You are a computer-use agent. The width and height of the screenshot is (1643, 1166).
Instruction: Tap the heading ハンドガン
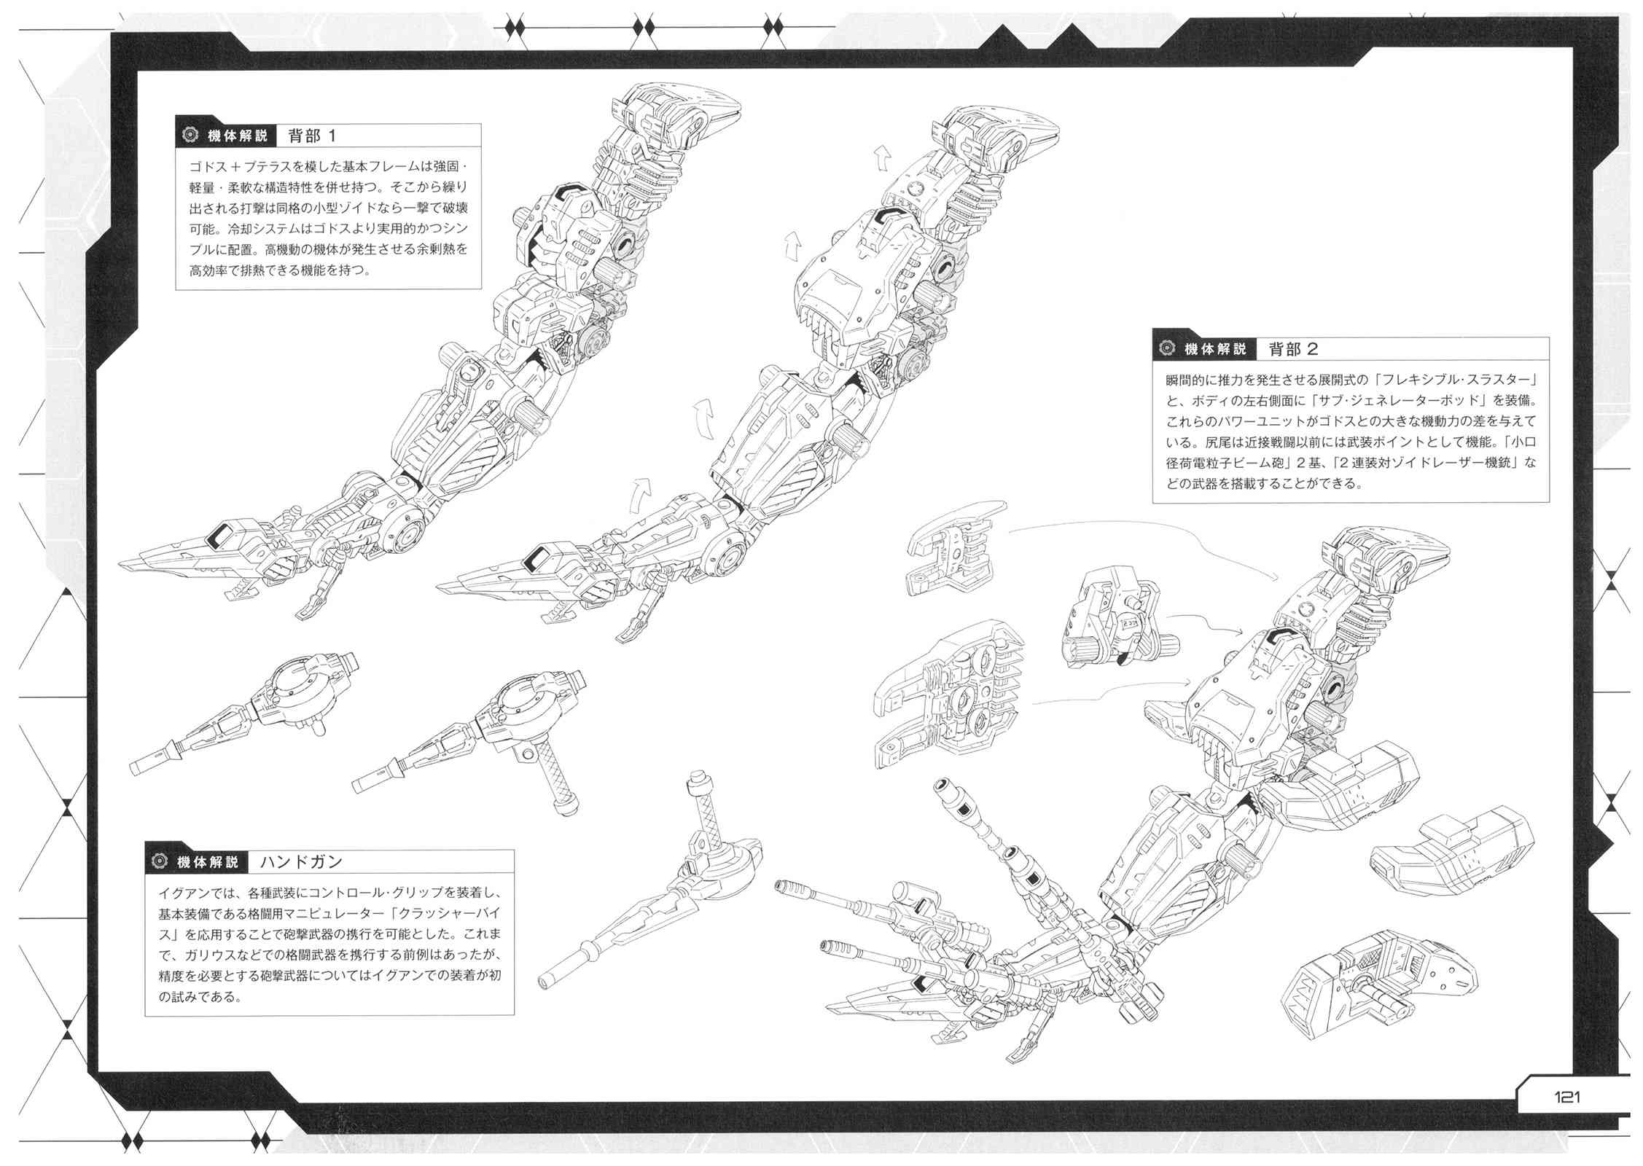pyautogui.click(x=301, y=862)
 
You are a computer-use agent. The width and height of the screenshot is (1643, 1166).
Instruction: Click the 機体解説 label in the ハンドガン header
pyautogui.click(x=208, y=862)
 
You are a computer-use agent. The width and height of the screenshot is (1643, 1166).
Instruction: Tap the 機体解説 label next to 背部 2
pyautogui.click(x=1216, y=349)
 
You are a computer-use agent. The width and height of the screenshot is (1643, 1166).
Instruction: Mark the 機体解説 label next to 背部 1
pyautogui.click(x=238, y=136)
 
